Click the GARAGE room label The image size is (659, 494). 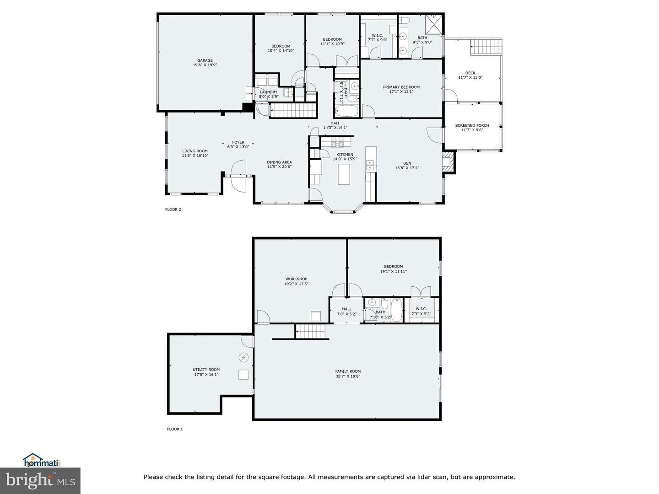click(205, 60)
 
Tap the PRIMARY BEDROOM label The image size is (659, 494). click(401, 87)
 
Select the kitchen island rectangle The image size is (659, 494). click(344, 174)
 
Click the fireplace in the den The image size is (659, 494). click(448, 162)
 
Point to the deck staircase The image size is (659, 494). click(486, 47)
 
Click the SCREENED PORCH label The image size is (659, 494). click(472, 125)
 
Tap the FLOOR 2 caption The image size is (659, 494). click(173, 209)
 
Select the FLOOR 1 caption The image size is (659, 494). click(174, 429)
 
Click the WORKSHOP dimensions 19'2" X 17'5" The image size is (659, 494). click(296, 284)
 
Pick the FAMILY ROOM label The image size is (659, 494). click(348, 371)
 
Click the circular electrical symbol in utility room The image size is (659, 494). click(243, 357)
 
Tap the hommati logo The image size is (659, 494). click(42, 461)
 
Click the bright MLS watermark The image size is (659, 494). click(40, 480)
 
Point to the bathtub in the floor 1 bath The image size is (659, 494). click(396, 310)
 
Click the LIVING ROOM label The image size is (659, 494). click(195, 151)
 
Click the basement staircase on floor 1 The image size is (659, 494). click(312, 331)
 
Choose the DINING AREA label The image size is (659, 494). click(279, 162)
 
